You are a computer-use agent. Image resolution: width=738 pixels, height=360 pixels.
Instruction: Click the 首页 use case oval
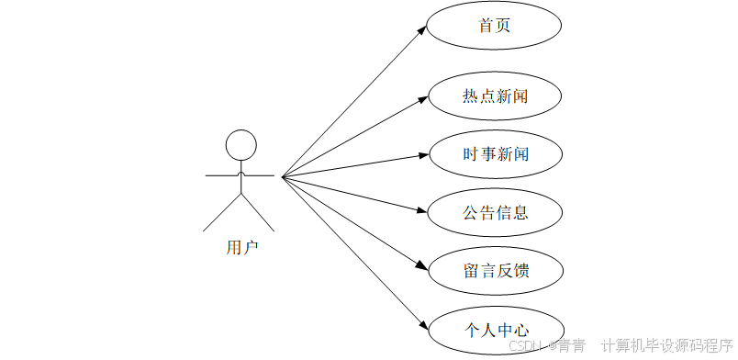[495, 26]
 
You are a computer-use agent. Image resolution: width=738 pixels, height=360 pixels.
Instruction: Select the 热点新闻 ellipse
[495, 95]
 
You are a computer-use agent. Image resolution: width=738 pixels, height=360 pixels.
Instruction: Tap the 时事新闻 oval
[495, 153]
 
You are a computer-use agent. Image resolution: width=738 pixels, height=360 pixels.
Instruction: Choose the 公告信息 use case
[495, 212]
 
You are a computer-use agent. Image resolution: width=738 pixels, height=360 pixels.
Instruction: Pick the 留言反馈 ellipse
[495, 271]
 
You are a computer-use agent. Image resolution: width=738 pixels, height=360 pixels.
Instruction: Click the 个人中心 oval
[495, 329]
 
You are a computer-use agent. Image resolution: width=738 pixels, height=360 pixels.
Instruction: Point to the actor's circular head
[240, 145]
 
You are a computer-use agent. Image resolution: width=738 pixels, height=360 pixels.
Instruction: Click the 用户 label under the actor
[241, 247]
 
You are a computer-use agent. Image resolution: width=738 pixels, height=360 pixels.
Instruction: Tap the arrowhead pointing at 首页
[421, 29]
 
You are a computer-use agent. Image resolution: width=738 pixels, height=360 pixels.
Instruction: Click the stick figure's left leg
[223, 212]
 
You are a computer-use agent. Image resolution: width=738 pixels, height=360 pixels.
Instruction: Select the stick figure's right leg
[258, 212]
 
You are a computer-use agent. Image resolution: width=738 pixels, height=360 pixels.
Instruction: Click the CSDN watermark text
[527, 345]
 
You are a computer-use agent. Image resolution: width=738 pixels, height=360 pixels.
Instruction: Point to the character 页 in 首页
[503, 26]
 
